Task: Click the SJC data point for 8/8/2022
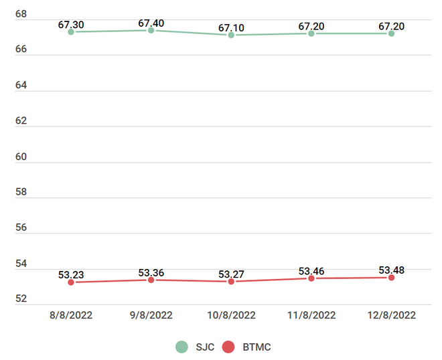(71, 32)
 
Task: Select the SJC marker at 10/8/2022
(231, 35)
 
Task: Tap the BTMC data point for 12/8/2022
(391, 278)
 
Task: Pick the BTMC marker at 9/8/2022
(151, 280)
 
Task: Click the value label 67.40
(151, 23)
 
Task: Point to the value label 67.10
(232, 27)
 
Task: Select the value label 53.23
(71, 274)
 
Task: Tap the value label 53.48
(392, 270)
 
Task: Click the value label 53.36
(151, 272)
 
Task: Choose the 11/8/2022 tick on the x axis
(311, 315)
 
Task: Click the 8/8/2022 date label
(71, 315)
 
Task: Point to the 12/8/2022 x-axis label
(392, 315)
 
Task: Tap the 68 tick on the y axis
(21, 14)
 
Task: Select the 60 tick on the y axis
(21, 157)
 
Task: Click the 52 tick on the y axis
(21, 298)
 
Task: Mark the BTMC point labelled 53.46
(311, 278)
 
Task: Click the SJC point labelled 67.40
(151, 31)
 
